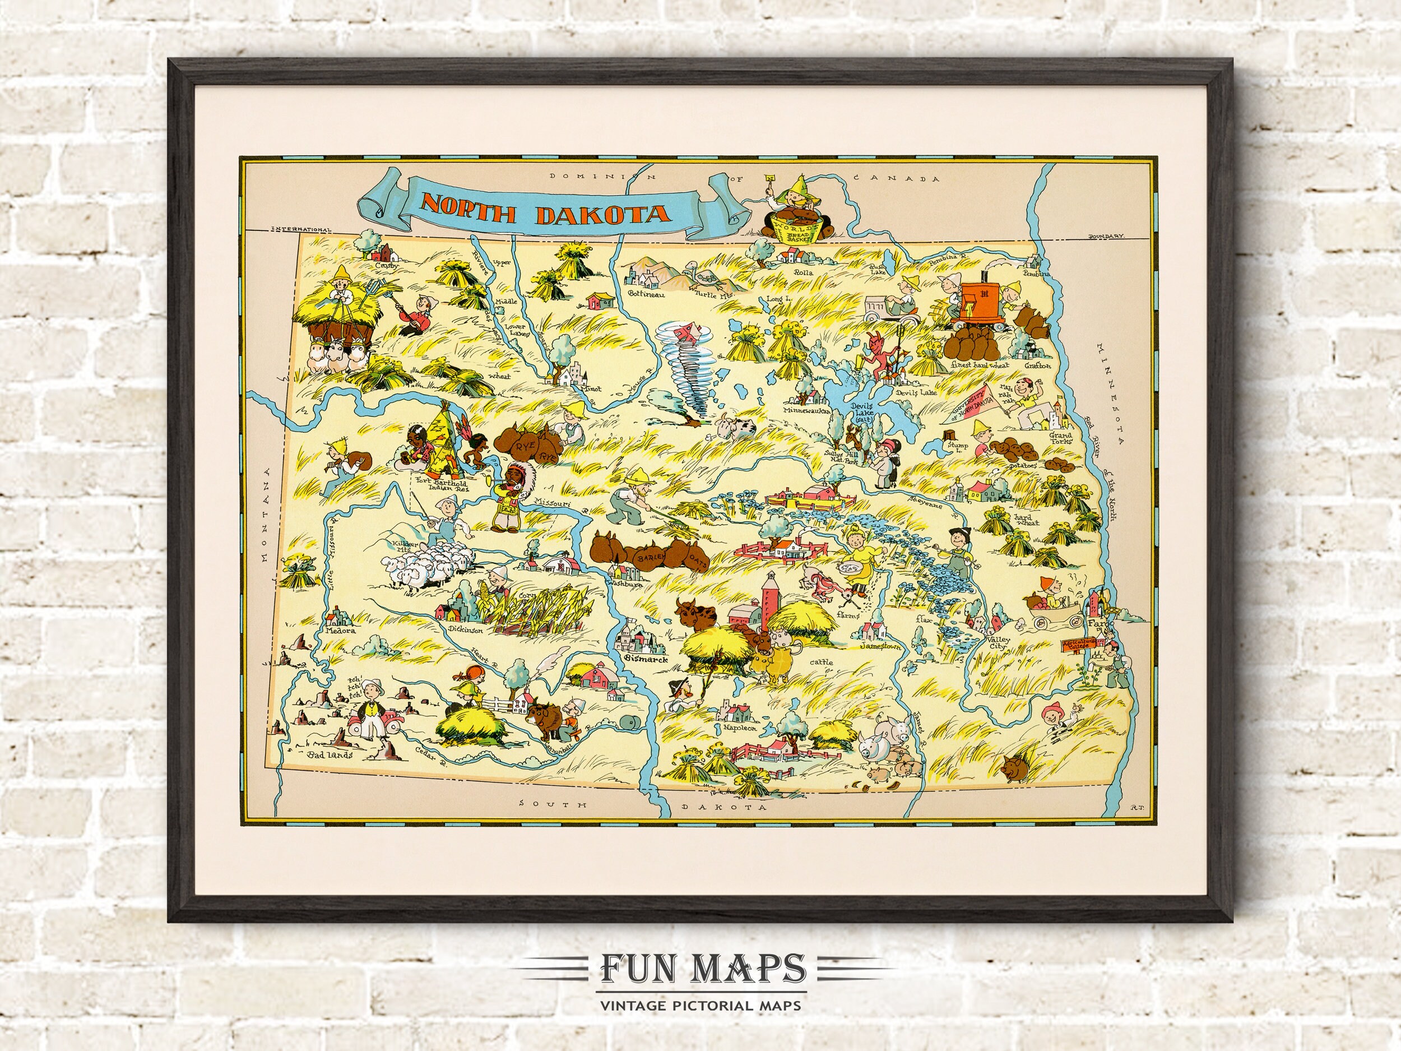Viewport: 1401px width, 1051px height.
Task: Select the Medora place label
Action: (x=339, y=631)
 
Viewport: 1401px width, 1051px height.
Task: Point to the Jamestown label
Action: (x=880, y=647)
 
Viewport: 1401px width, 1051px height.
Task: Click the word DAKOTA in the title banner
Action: (x=603, y=215)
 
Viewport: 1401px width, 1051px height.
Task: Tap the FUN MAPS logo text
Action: (x=700, y=968)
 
